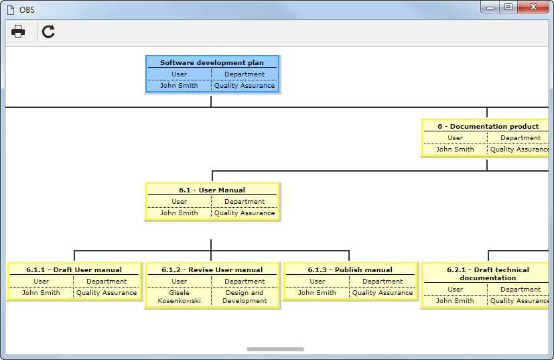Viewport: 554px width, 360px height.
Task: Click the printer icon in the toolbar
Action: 18,32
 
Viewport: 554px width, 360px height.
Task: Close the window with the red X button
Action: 533,7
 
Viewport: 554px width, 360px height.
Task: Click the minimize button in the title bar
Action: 490,7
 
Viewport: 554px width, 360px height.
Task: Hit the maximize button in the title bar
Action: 508,7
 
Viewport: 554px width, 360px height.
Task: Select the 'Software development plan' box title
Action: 212,62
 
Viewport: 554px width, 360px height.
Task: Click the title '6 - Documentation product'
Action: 488,126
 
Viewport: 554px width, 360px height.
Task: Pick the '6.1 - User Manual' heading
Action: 212,190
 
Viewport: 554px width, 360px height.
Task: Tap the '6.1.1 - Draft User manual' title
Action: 74,269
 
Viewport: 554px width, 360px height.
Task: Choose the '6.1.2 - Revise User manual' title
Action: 212,269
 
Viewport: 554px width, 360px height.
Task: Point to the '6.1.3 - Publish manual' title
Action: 350,269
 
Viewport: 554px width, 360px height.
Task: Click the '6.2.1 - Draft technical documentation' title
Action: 488,274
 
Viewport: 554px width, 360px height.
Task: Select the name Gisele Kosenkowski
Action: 179,297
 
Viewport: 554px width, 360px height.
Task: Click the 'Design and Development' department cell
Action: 245,297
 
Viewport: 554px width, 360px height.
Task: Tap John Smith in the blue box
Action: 179,86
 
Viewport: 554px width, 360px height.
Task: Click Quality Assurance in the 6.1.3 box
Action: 383,293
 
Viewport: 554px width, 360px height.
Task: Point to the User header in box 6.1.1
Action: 42,282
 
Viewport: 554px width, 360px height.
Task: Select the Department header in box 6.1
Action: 245,202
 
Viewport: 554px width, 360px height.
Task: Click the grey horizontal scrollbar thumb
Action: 275,349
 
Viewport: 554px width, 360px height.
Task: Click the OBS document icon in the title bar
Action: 11,10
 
